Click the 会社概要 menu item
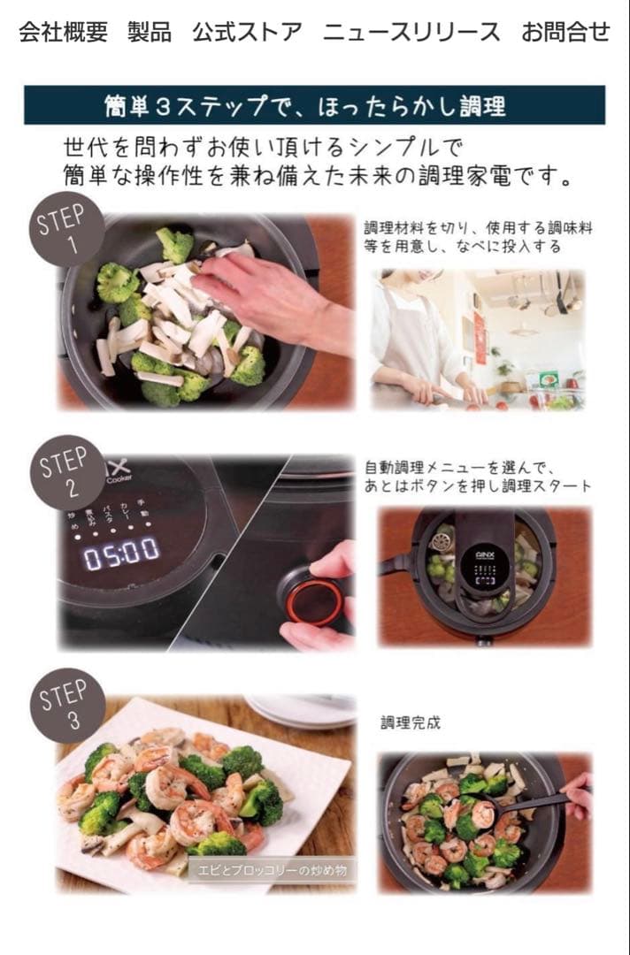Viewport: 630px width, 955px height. pyautogui.click(x=63, y=33)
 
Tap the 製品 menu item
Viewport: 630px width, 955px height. pyautogui.click(x=150, y=33)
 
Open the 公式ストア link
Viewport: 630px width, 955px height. pyautogui.click(x=247, y=33)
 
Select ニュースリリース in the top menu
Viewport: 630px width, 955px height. pyautogui.click(x=411, y=33)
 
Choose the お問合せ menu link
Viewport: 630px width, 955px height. pyautogui.click(x=565, y=33)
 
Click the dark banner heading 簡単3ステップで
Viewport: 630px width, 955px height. pyautogui.click(x=314, y=105)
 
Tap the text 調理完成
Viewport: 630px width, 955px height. pyautogui.click(x=410, y=722)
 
